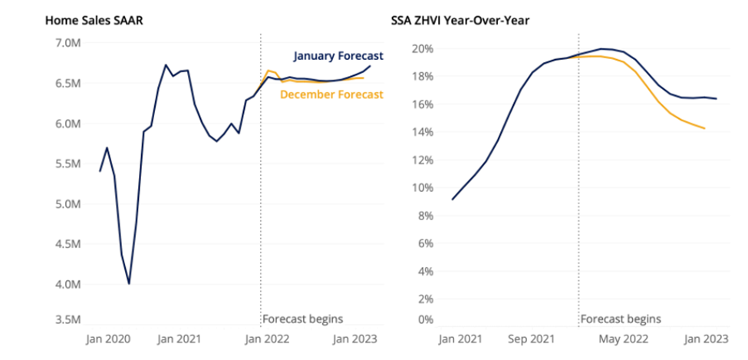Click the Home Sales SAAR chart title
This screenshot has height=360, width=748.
[x=94, y=19]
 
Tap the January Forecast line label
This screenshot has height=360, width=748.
[x=338, y=56]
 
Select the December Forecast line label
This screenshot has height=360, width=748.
[x=331, y=95]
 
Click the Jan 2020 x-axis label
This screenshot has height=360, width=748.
[x=107, y=339]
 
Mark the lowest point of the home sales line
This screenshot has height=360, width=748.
[x=129, y=283]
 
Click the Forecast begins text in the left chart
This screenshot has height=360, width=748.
[x=302, y=319]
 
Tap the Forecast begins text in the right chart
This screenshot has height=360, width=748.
[x=620, y=319]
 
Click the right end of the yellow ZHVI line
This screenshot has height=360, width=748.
[x=704, y=128]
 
